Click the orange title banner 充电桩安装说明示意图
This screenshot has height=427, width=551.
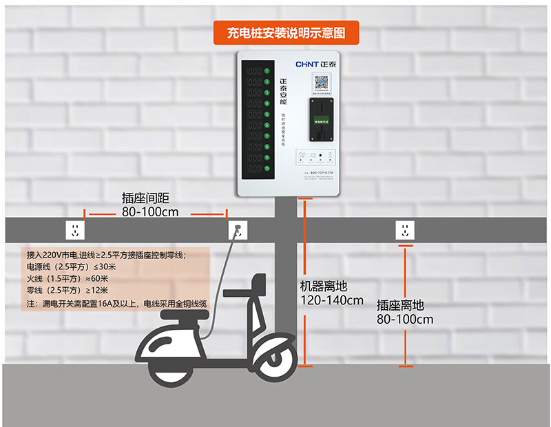[x=284, y=32]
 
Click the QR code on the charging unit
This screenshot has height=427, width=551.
[x=322, y=83]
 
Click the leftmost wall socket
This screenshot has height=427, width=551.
[x=75, y=229]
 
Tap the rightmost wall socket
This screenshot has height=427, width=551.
[x=405, y=229]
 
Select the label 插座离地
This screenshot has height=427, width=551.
[x=400, y=304]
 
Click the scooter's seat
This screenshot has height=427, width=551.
[x=184, y=315]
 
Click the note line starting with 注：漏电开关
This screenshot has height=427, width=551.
[x=116, y=304]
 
